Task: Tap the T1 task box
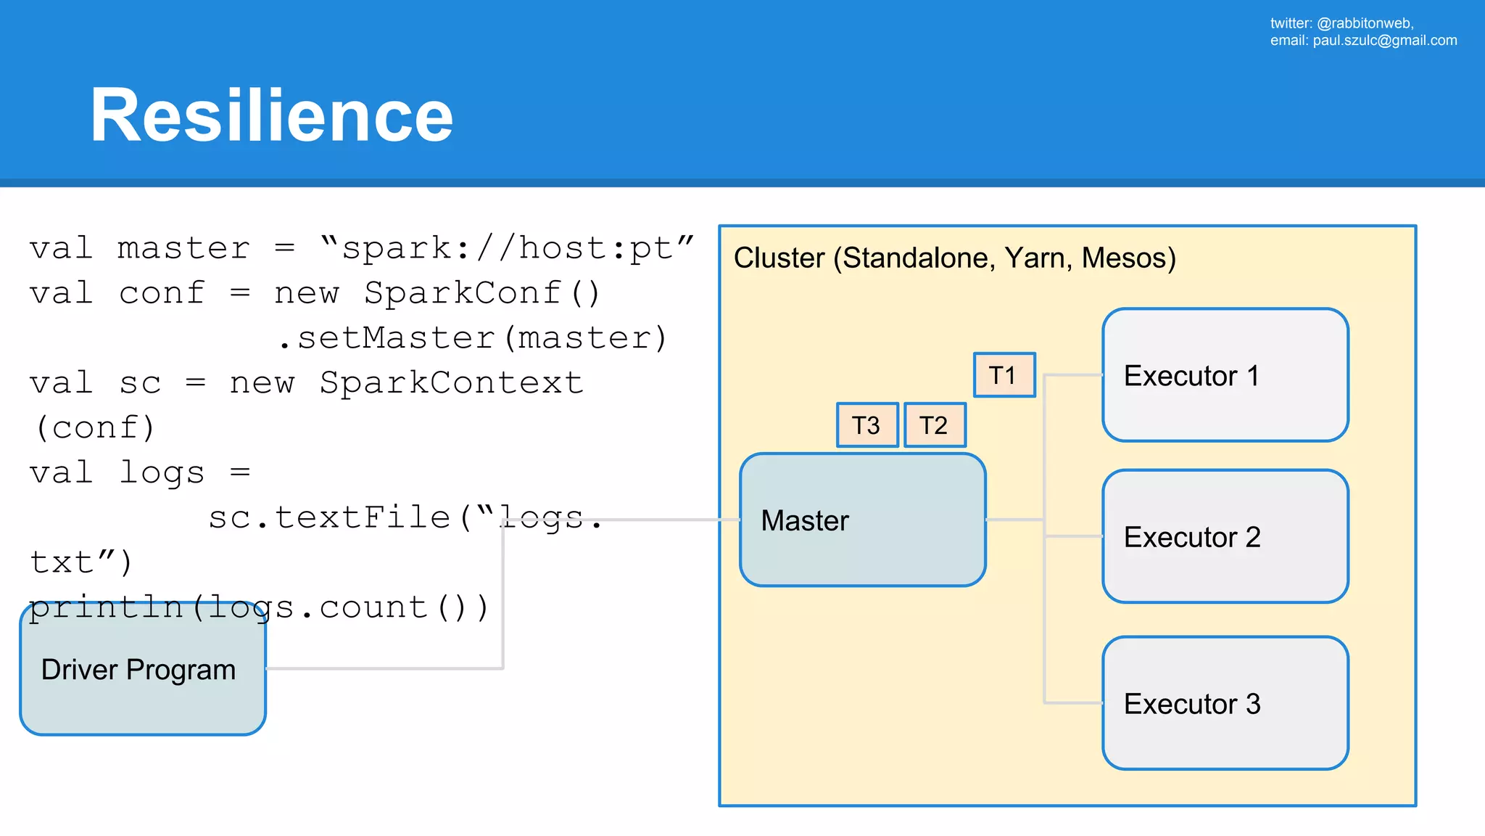tap(1004, 375)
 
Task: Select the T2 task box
tap(935, 425)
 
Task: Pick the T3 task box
tap(867, 425)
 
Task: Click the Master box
tap(862, 520)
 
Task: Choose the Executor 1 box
tap(1225, 375)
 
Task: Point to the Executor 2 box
tap(1225, 536)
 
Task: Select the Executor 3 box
tap(1225, 703)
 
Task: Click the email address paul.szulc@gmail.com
tap(1384, 41)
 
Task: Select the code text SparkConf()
tap(482, 294)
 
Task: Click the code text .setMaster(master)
tap(472, 339)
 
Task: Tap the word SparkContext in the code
tap(452, 383)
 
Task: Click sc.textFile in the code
tap(330, 518)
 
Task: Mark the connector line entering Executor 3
tap(1074, 702)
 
